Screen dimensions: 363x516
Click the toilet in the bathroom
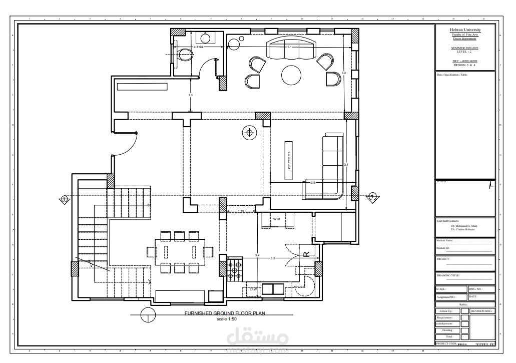(x=185, y=54)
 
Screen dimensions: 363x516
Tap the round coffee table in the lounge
(x=291, y=75)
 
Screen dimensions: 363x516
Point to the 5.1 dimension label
(x=289, y=47)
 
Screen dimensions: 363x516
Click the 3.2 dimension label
(x=343, y=73)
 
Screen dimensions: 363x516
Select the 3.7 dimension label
(x=346, y=165)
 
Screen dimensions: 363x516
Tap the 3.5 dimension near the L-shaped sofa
(x=313, y=183)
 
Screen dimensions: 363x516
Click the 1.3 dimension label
(x=191, y=95)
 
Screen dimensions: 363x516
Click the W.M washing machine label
(x=276, y=219)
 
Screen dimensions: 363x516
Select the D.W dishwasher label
(x=253, y=289)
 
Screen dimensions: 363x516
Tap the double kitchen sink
(x=272, y=289)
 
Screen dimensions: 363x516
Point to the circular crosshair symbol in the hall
(x=249, y=133)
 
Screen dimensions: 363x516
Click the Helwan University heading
(x=465, y=30)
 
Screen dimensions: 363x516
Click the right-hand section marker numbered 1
(x=371, y=197)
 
